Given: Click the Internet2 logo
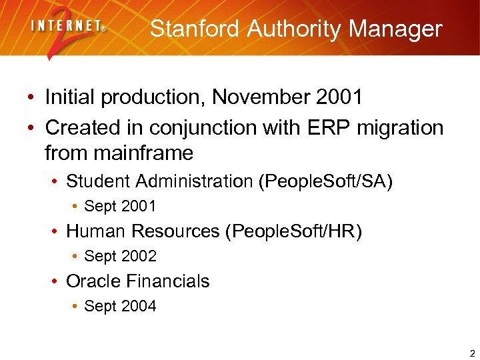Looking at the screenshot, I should pyautogui.click(x=67, y=30).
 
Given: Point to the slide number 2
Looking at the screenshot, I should pyautogui.click(x=471, y=353).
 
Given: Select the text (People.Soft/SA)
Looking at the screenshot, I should pyautogui.click(x=325, y=181).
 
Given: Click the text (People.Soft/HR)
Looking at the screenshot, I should pyautogui.click(x=294, y=231).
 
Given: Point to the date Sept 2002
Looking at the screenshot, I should pyautogui.click(x=120, y=257).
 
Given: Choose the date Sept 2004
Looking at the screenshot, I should pyautogui.click(x=120, y=307).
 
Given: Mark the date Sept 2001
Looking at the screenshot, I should pyautogui.click(x=120, y=207).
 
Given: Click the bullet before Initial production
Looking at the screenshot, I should pyautogui.click(x=31, y=98).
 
